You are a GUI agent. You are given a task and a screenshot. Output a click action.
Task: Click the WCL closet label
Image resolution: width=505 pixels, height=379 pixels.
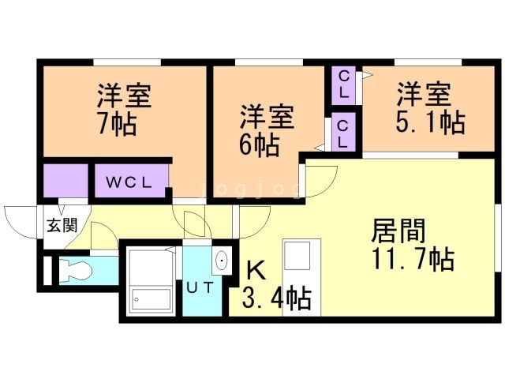click(x=129, y=182)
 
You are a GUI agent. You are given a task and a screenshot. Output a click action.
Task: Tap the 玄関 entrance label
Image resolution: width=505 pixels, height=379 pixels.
click(x=62, y=225)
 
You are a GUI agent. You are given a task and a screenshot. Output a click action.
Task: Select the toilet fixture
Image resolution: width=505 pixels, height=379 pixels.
click(x=75, y=270)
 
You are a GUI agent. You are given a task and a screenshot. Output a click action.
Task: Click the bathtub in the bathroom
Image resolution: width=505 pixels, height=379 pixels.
click(x=151, y=299)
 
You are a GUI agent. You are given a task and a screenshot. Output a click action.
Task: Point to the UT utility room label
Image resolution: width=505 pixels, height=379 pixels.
click(x=200, y=287)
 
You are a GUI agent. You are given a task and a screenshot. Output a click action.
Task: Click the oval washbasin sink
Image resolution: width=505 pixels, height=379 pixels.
click(x=222, y=260)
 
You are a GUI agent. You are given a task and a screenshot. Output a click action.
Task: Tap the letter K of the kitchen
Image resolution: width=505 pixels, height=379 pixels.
click(x=256, y=270)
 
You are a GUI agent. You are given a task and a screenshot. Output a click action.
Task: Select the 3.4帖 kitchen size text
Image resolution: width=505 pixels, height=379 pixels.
click(x=276, y=298)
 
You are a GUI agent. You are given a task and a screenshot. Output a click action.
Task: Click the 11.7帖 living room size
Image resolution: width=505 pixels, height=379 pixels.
click(x=413, y=258)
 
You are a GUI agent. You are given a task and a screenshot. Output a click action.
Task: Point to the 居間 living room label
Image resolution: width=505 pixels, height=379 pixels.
click(x=398, y=230)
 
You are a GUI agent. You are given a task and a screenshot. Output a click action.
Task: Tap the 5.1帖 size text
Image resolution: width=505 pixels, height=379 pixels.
click(x=430, y=122)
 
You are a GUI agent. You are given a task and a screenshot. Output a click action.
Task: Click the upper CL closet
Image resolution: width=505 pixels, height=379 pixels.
click(x=344, y=85)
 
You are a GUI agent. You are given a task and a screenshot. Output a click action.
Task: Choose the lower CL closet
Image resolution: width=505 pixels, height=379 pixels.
click(x=344, y=132)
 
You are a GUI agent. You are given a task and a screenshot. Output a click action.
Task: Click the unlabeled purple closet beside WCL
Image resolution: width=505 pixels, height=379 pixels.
click(x=65, y=181)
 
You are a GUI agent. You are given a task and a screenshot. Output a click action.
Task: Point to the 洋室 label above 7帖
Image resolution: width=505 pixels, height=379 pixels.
click(x=125, y=96)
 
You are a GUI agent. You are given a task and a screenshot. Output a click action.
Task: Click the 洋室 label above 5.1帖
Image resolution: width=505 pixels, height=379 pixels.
click(x=424, y=94)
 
